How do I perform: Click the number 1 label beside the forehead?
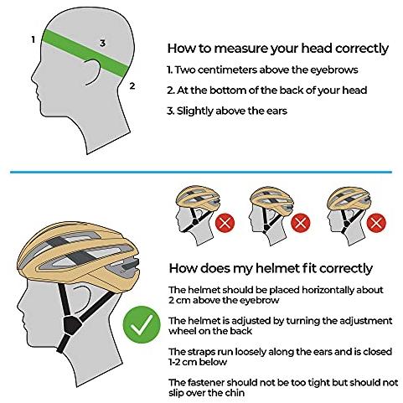[x=34, y=39]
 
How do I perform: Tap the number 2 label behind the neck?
[x=132, y=85]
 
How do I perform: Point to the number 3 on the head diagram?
[x=103, y=43]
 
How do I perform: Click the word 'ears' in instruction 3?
[x=276, y=111]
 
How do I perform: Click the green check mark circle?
[x=142, y=324]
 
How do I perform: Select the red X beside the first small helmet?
[x=225, y=223]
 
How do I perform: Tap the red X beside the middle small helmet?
[x=301, y=223]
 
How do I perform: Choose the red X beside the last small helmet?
[x=376, y=223]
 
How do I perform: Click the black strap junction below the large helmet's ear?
[x=72, y=325]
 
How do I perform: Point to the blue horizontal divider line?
[x=201, y=172]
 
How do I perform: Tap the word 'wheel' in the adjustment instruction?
[x=183, y=331]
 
